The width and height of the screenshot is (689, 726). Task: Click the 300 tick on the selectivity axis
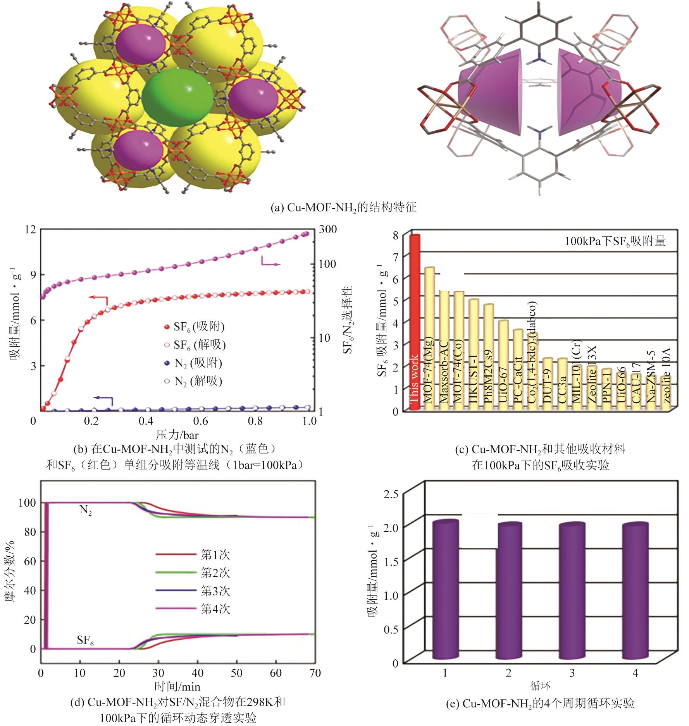(x=327, y=229)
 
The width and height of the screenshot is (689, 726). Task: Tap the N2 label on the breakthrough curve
(x=86, y=510)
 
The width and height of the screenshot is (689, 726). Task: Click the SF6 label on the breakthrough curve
(x=86, y=640)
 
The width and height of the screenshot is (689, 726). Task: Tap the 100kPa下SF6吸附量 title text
(x=615, y=242)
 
